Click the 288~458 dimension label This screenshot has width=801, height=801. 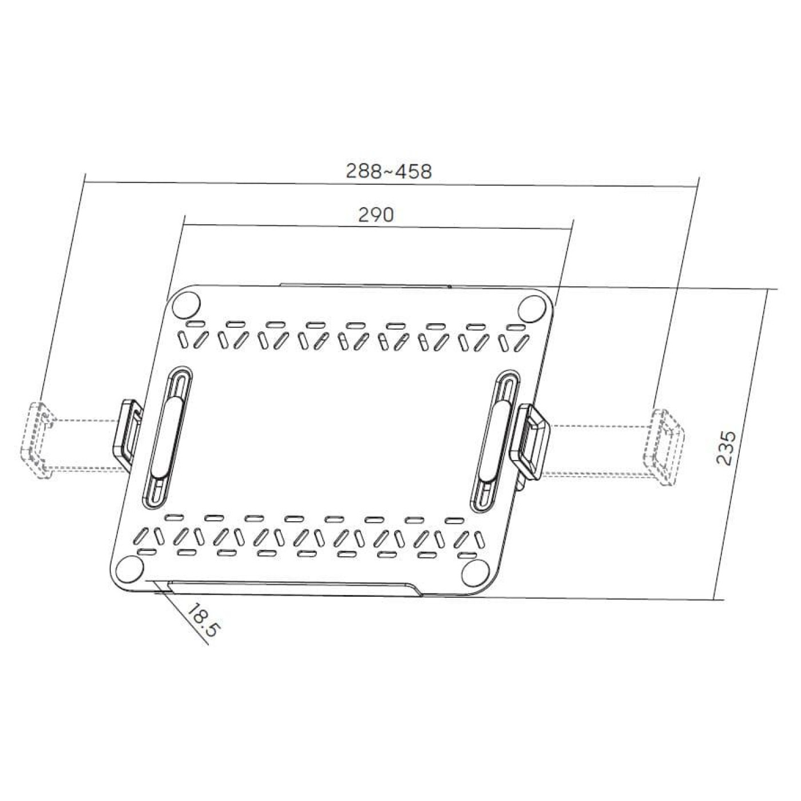click(388, 171)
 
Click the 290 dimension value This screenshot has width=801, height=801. click(375, 215)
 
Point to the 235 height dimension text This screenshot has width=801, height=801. click(726, 447)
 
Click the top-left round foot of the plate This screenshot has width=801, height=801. click(186, 305)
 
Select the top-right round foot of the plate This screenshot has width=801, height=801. click(533, 308)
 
